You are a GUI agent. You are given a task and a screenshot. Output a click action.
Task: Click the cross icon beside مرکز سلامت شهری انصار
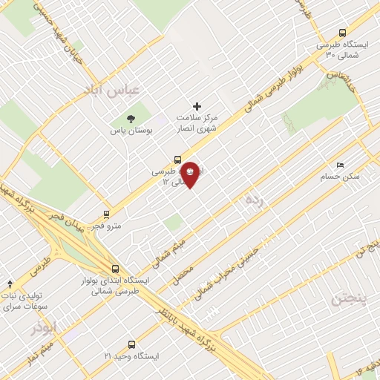[x=197, y=107]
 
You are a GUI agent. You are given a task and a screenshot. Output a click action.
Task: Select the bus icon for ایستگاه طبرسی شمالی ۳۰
[x=342, y=33]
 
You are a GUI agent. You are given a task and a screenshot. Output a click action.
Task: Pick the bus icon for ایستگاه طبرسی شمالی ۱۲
[x=177, y=159]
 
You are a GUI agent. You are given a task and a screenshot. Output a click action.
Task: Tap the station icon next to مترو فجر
[x=107, y=213]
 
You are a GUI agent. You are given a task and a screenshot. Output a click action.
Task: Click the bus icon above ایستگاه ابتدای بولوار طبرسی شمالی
[x=114, y=269]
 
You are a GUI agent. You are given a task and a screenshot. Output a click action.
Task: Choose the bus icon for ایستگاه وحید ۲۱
[x=131, y=344]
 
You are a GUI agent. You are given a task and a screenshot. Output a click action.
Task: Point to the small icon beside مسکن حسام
[x=340, y=166]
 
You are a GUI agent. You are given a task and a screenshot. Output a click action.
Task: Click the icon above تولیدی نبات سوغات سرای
[x=10, y=284]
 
